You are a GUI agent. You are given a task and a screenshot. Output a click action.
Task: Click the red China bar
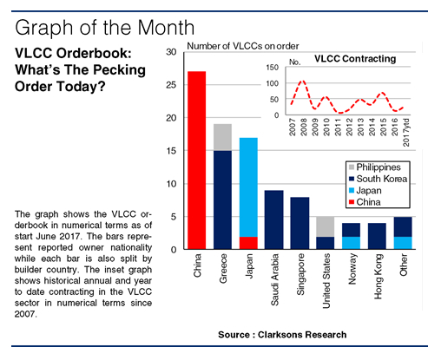tap(197, 160)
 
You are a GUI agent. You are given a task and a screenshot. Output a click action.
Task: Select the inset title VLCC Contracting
tap(355, 60)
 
